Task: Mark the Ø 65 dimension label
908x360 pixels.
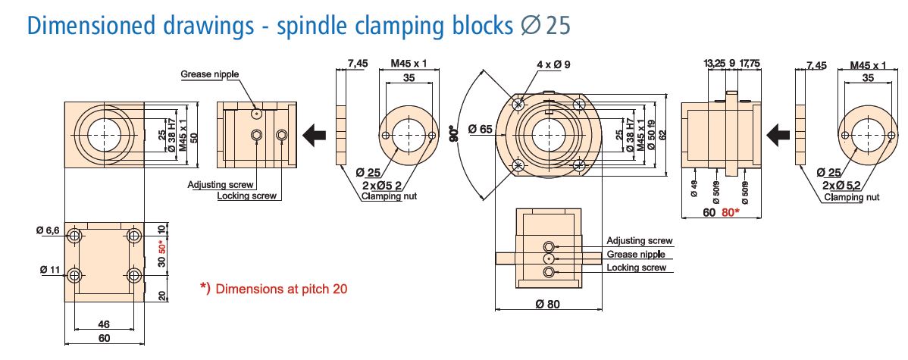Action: pos(481,130)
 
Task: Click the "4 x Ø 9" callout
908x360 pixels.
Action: pos(553,64)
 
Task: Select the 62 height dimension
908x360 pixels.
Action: pos(662,136)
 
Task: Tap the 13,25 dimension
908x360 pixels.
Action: pos(715,64)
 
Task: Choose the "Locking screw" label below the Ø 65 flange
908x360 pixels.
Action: pos(637,268)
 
